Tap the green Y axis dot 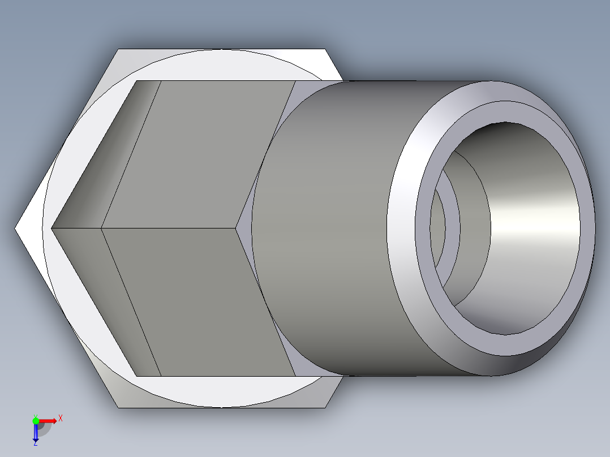pyautogui.click(x=36, y=420)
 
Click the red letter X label pyautogui.click(x=60, y=419)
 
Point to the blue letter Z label pyautogui.click(x=35, y=444)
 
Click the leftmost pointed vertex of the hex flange pyautogui.click(x=15, y=228)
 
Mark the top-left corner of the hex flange pyautogui.click(x=118, y=50)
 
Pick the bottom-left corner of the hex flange pyautogui.click(x=118, y=407)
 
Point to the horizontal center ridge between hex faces pyautogui.click(x=170, y=228)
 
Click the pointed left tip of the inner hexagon pyautogui.click(x=52, y=228)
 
